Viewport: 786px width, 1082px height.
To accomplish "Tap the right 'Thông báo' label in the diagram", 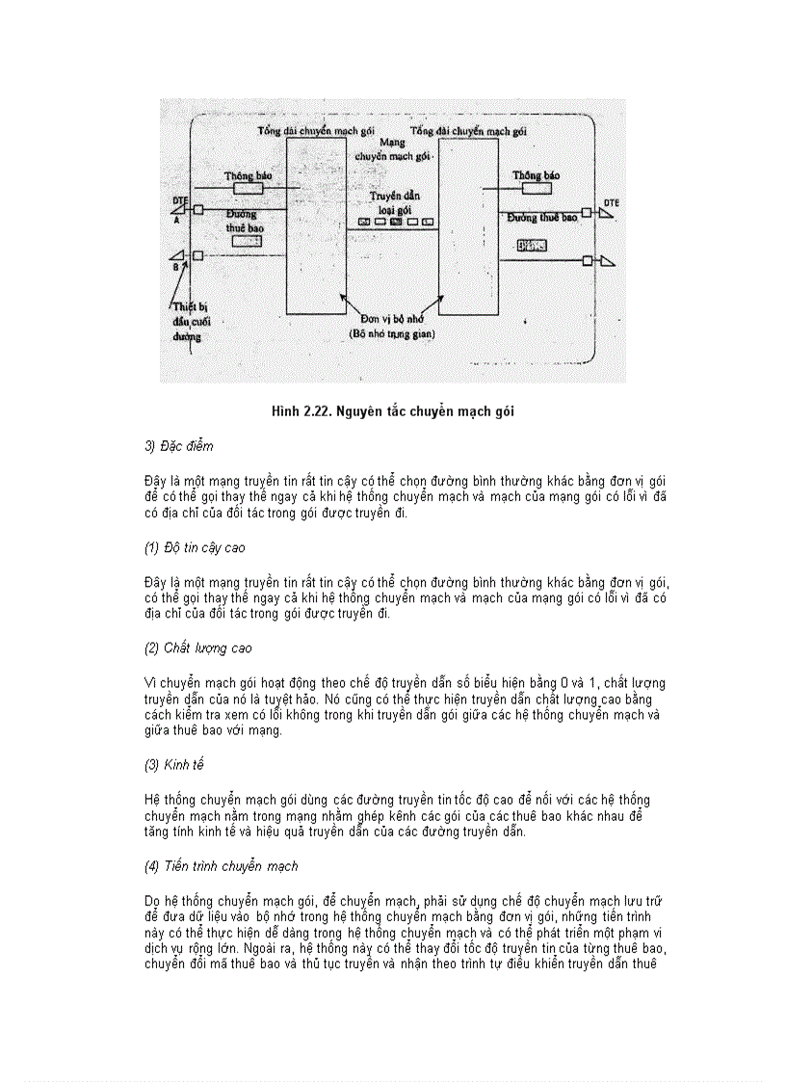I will (x=537, y=175).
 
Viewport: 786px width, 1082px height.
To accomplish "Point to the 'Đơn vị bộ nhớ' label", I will (x=392, y=317).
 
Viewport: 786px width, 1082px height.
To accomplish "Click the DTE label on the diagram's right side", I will (x=612, y=202).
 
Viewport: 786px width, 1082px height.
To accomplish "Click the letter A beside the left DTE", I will (x=176, y=220).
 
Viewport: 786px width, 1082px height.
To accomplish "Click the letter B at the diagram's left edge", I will (x=175, y=266).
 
